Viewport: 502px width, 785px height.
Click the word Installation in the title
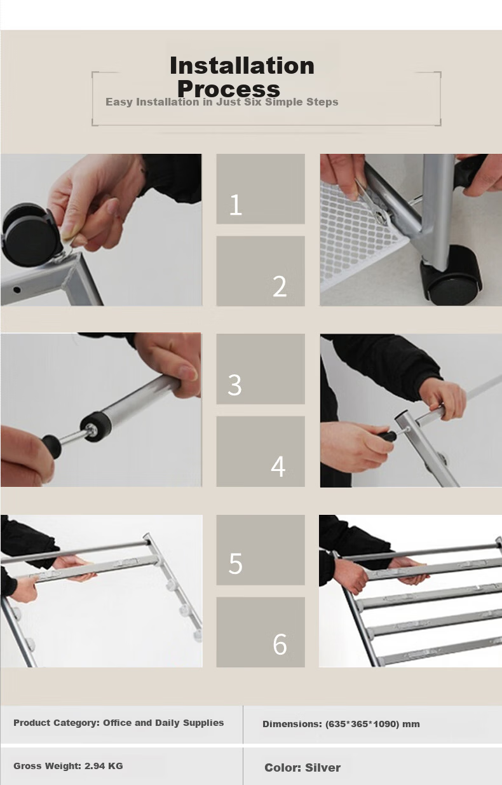pos(242,65)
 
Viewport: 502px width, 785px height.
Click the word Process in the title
pos(229,89)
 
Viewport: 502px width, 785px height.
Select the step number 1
pos(235,205)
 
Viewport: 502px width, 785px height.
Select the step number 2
pos(280,287)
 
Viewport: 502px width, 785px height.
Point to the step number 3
pos(234,385)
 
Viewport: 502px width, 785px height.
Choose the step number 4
pos(278,466)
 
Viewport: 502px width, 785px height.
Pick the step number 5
pos(235,564)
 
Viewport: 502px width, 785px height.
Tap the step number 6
pos(280,644)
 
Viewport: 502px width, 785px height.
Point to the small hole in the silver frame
pos(17,290)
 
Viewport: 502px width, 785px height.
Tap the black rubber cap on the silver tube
pos(95,426)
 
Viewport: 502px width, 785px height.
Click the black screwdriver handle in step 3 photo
pos(51,445)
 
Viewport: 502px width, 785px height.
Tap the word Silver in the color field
pos(323,768)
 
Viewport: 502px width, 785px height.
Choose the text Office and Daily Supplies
pos(163,723)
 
